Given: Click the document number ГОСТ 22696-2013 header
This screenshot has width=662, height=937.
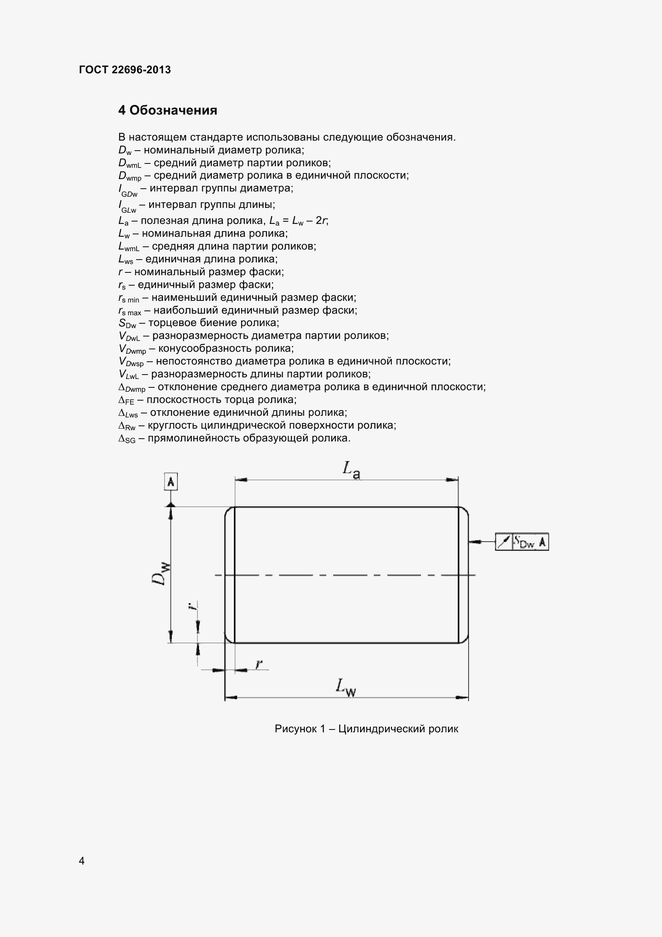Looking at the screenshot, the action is coord(125,70).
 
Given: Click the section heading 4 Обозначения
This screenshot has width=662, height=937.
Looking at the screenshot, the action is coord(168,110).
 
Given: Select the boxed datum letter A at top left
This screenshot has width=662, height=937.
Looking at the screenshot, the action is coord(171,482).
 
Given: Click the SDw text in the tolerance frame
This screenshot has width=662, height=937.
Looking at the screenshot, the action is coord(524,542).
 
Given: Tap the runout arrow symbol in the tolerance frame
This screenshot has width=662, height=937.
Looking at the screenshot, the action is coord(504,542).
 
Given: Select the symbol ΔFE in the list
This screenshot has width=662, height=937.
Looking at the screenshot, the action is coord(126,400).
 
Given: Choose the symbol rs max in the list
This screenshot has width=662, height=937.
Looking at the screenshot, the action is coord(130,311).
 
